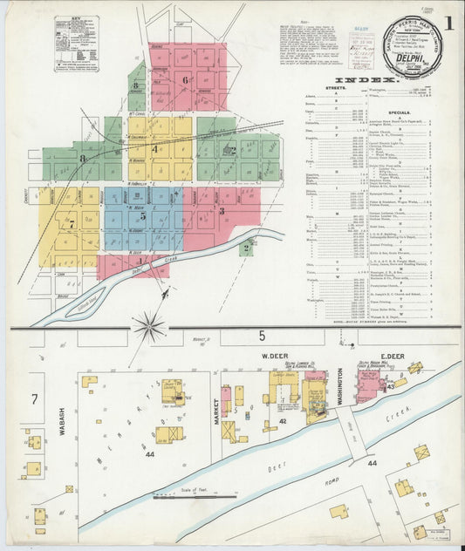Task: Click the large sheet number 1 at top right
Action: coord(448,23)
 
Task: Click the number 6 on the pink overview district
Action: coord(185,79)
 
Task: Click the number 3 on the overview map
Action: coord(222,210)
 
